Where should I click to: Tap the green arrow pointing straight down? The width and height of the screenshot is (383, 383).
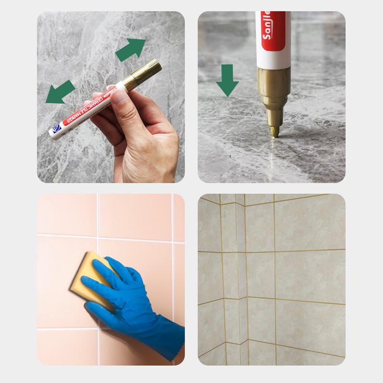227,80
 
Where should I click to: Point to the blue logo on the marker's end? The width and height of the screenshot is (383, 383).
56,128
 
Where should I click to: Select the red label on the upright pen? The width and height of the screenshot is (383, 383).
273,29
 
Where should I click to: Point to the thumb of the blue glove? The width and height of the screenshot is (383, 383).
96,287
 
